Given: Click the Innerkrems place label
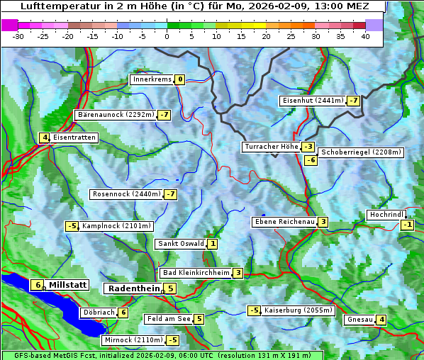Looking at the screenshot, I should click(x=152, y=79).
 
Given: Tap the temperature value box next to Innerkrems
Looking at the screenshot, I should click(x=180, y=79).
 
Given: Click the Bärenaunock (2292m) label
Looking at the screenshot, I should click(x=115, y=114).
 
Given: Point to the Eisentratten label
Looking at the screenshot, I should click(x=74, y=137).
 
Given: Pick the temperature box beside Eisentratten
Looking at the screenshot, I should click(x=44, y=137).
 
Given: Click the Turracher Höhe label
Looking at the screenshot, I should click(x=271, y=147).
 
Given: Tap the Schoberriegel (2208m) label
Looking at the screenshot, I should click(x=361, y=152).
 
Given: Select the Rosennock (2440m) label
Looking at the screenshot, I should click(x=125, y=194).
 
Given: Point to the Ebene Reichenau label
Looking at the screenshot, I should click(x=284, y=222).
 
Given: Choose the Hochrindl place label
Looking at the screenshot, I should click(x=386, y=215).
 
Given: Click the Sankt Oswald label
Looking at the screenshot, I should click(x=180, y=244).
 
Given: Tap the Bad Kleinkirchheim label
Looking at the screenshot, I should click(x=196, y=273).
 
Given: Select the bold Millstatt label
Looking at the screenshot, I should click(x=67, y=285).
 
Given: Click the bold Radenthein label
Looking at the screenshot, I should click(x=133, y=288).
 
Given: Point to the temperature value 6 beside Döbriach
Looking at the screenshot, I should click(x=123, y=313).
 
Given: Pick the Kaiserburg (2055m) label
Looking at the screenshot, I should click(x=298, y=310).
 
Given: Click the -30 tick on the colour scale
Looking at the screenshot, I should click(x=18, y=36).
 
